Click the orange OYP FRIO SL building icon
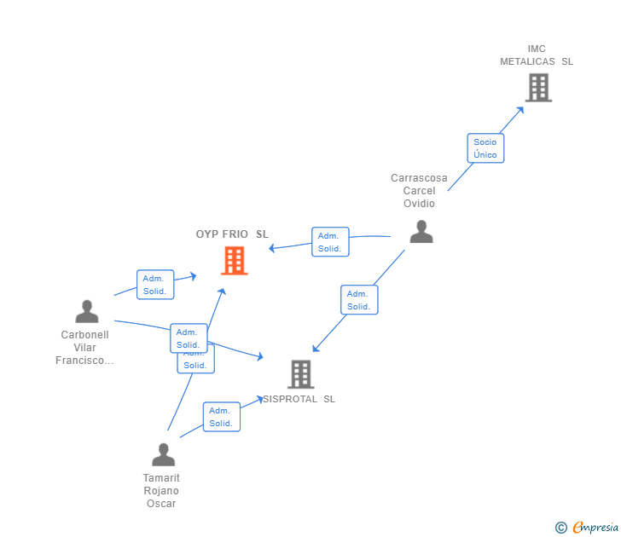click(x=235, y=261)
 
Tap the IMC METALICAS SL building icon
click(x=538, y=87)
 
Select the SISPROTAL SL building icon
click(x=300, y=374)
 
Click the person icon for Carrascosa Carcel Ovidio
click(x=421, y=232)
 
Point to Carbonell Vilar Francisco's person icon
click(x=87, y=312)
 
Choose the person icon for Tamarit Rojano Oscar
click(x=163, y=454)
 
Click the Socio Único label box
click(x=485, y=148)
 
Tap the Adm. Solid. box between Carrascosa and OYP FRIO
click(x=329, y=242)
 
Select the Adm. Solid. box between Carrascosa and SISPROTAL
click(x=358, y=300)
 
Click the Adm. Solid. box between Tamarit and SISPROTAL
click(x=221, y=417)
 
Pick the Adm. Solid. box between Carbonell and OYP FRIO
click(x=154, y=285)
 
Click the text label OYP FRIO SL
click(x=232, y=234)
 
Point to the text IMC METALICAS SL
click(x=537, y=55)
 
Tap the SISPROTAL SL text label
click(x=299, y=399)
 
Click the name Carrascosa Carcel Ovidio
click(x=419, y=191)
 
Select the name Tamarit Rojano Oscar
click(x=161, y=491)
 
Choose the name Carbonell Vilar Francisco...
click(x=84, y=348)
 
